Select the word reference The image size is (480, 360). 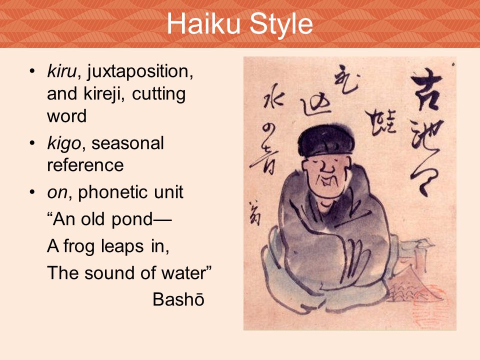pos(85,165)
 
